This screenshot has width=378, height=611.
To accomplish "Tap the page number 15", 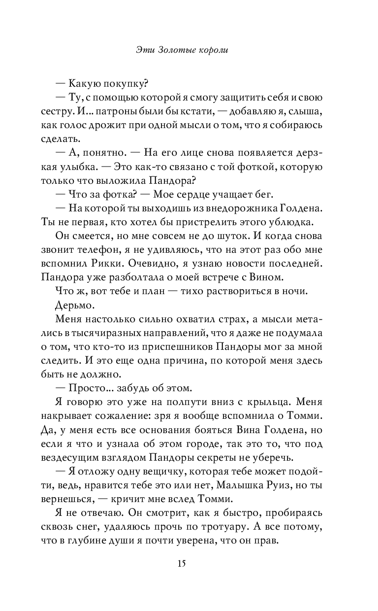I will pyautogui.click(x=189, y=563).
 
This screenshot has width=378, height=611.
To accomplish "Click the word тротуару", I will pyautogui.click(x=225, y=528).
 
